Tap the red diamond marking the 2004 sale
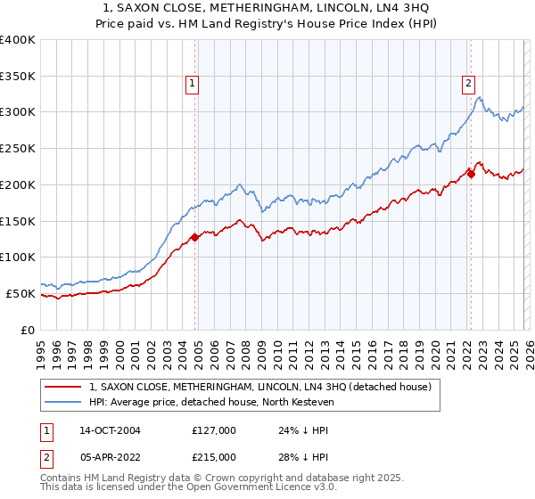194,237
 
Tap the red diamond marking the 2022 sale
471,174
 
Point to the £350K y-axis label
18,77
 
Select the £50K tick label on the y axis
21,293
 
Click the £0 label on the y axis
28,330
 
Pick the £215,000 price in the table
213,456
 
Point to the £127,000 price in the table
213,429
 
